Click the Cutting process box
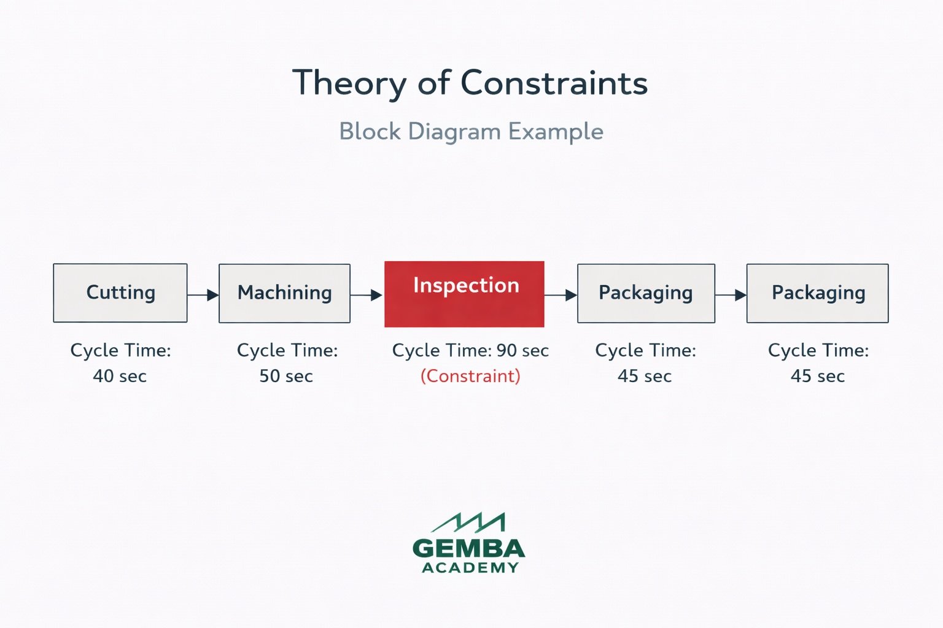[120, 293]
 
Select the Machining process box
[284, 293]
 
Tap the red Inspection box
[464, 294]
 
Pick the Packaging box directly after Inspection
[646, 293]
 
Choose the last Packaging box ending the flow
[817, 293]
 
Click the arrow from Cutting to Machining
[203, 295]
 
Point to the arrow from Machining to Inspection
[367, 295]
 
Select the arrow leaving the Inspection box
[561, 295]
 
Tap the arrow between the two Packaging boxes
[731, 295]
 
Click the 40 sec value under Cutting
[120, 376]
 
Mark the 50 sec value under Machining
[286, 376]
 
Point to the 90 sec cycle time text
[522, 350]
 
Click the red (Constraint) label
[470, 376]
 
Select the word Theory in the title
[348, 83]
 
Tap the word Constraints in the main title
[554, 83]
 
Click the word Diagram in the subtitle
[454, 132]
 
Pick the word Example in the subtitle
[556, 132]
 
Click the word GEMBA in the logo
[469, 548]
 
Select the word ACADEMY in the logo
[470, 568]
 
